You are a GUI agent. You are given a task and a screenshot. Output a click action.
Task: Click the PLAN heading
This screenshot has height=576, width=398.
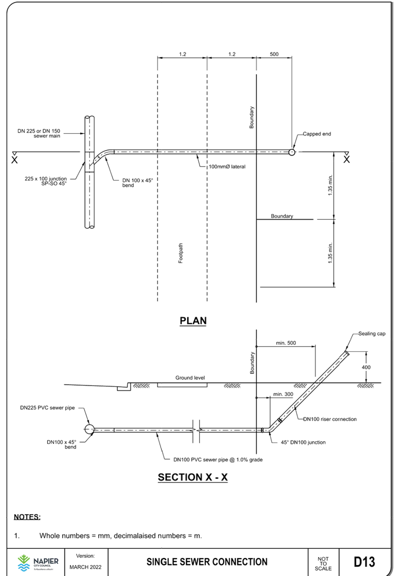coord(193,321)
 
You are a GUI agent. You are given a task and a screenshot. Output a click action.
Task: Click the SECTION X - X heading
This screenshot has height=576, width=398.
coord(193,477)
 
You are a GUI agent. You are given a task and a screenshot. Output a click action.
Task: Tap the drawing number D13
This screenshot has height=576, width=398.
coord(364,562)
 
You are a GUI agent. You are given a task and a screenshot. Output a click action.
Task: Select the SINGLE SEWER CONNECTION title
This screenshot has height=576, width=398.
coord(206,562)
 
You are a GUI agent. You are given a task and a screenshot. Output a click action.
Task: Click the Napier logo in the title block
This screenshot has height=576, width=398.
coord(37,562)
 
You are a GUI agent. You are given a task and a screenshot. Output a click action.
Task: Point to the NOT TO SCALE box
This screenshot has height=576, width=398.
coord(323,562)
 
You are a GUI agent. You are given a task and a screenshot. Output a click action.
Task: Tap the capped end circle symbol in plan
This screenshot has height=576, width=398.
coord(292,152)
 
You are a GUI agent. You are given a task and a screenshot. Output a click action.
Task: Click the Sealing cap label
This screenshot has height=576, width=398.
coord(372,334)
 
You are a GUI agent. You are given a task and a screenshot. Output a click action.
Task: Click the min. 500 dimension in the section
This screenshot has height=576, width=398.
coord(286,343)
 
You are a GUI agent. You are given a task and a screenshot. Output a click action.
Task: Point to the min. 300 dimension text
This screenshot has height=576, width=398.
coord(283,394)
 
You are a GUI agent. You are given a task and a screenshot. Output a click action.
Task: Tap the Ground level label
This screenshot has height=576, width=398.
coord(190,377)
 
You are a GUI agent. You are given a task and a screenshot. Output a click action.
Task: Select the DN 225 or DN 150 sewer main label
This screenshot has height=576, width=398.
coord(39,133)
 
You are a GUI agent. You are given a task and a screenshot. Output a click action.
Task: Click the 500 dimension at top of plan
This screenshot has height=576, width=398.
coord(274,54)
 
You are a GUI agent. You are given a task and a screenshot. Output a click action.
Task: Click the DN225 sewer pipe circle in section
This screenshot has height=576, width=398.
coord(88,429)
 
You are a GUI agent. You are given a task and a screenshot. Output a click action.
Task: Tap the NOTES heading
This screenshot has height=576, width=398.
coord(27,517)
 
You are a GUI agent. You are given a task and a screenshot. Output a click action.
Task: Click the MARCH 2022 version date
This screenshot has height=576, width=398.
coord(86,567)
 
